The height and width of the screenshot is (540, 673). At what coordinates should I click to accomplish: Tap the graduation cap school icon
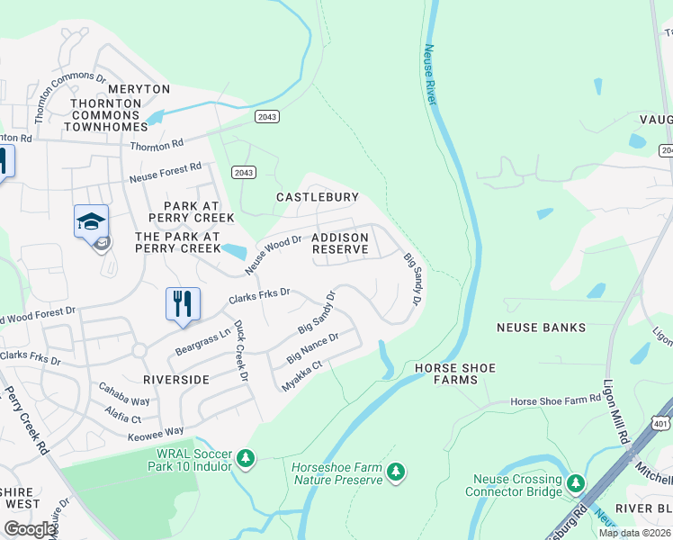(91, 220)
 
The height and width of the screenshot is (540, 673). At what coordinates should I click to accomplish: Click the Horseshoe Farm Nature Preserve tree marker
(395, 472)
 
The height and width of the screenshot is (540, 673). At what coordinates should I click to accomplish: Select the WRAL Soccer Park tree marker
(245, 459)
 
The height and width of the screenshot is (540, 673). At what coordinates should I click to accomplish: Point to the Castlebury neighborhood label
(317, 197)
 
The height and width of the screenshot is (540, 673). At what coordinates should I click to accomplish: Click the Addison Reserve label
(339, 243)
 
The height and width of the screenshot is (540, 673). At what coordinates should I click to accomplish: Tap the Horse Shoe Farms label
(446, 374)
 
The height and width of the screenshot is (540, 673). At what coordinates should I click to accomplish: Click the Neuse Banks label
(540, 328)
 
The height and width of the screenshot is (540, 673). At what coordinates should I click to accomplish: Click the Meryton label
(139, 89)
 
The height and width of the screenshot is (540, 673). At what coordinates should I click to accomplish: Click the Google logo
(30, 529)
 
